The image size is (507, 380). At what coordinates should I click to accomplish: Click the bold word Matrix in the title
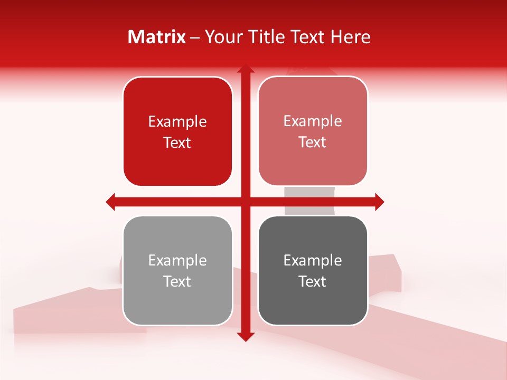click(157, 37)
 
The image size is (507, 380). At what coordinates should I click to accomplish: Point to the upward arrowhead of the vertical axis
click(245, 70)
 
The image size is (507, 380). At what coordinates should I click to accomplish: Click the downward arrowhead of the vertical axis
click(245, 336)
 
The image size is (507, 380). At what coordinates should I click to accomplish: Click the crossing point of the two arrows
click(245, 202)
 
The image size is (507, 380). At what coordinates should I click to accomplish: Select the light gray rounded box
click(177, 306)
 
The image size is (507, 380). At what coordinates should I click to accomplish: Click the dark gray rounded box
click(313, 306)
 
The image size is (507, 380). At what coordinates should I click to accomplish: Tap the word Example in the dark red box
click(177, 122)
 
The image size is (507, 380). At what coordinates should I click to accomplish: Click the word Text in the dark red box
click(177, 143)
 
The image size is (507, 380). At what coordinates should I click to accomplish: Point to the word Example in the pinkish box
click(313, 121)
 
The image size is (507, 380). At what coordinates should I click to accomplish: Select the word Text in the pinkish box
click(313, 142)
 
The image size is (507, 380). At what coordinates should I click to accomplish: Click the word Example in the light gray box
click(177, 261)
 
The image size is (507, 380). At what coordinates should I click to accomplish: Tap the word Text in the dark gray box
click(313, 282)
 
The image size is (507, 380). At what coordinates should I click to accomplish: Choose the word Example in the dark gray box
click(313, 261)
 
